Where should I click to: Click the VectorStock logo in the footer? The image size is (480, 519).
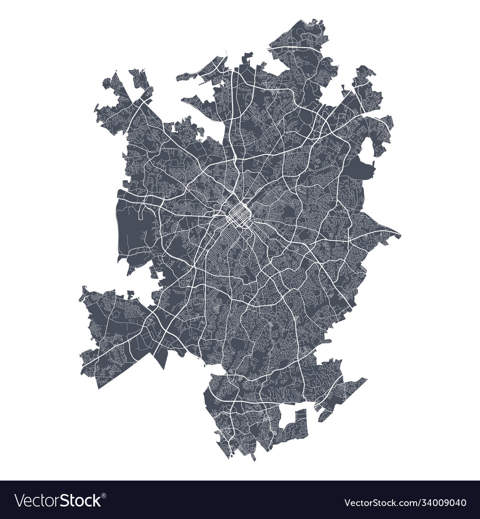[x=58, y=501]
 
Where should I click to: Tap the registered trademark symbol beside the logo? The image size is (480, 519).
[x=104, y=495]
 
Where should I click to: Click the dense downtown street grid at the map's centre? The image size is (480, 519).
[x=236, y=214]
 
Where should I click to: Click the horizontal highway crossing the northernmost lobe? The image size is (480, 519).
[x=298, y=48]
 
